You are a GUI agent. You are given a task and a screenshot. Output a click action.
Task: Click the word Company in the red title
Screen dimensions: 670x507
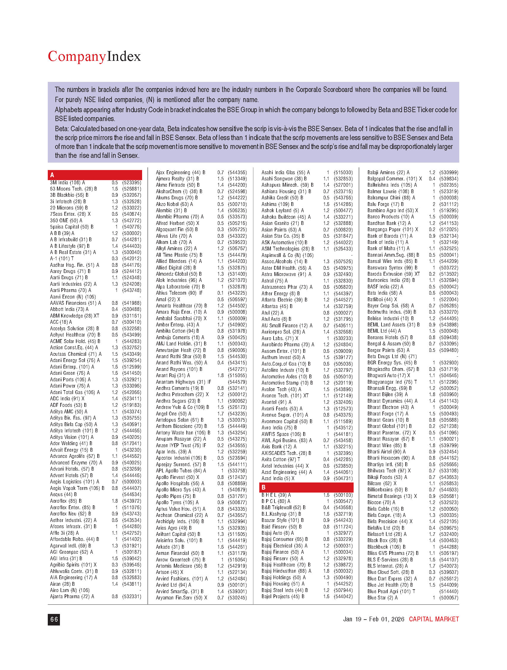[77, 57]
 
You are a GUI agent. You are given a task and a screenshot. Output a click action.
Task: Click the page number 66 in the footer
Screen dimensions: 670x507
[54, 620]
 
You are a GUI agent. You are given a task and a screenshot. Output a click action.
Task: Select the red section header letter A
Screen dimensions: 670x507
[52, 175]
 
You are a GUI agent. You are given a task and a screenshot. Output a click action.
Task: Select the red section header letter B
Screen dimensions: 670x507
[263, 487]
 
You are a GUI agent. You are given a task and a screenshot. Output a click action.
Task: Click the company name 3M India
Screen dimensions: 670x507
[59, 183]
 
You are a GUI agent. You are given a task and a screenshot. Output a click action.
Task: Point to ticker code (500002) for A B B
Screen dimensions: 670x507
[131, 233]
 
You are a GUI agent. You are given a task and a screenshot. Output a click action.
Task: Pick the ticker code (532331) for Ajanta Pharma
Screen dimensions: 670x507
[131, 596]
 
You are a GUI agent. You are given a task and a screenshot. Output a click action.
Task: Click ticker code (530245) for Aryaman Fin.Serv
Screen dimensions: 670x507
[237, 598]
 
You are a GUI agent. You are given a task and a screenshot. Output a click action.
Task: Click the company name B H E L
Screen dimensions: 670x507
[269, 495]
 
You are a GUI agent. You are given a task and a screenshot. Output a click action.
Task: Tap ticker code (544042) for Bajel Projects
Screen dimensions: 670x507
[343, 596]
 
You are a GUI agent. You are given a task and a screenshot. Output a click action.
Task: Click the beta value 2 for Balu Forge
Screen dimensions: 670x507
[434, 204]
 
